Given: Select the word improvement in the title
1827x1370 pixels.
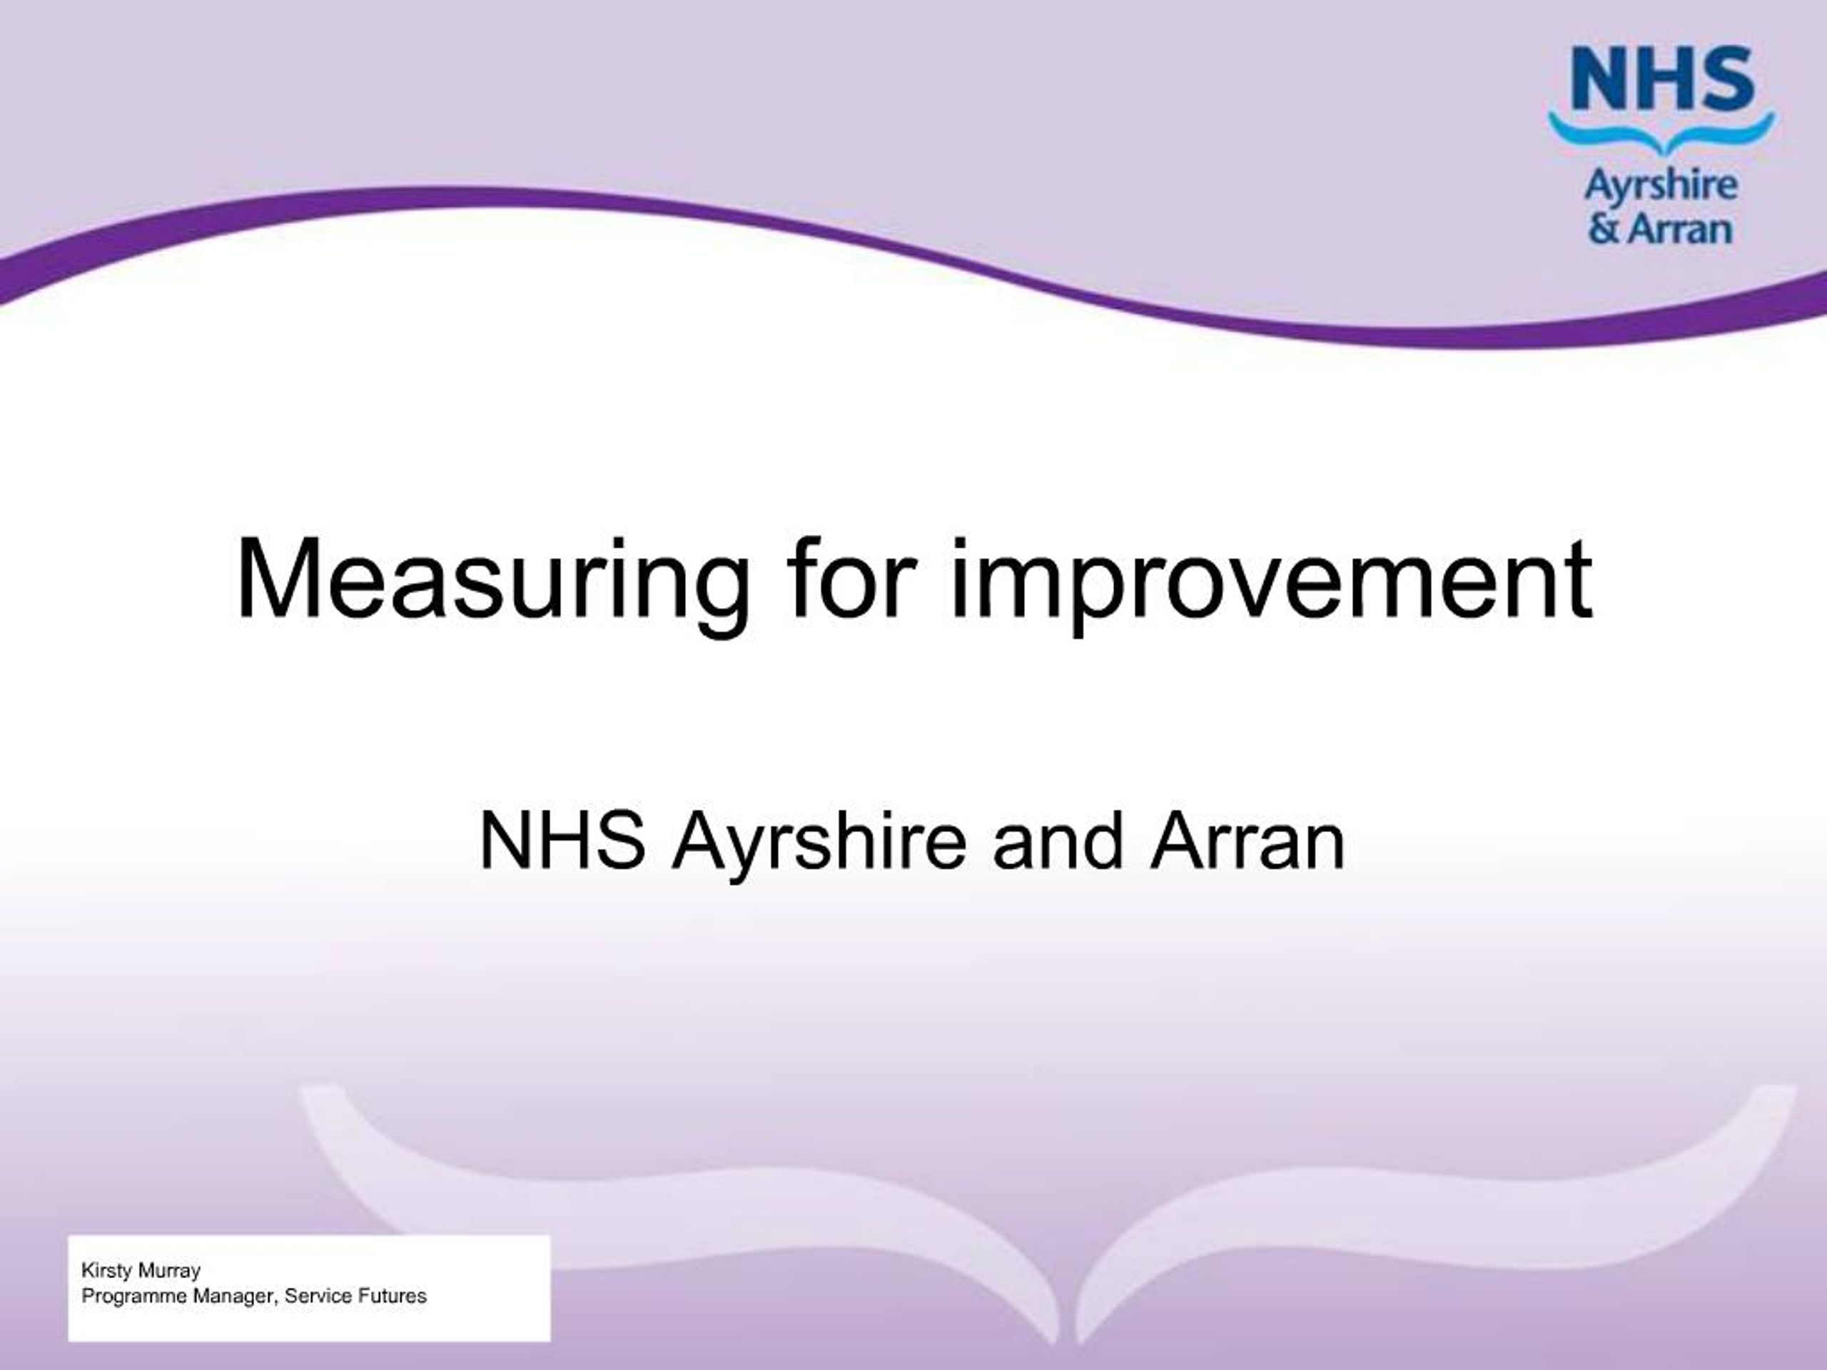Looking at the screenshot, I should tap(1271, 579).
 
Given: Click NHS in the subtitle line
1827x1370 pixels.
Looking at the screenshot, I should tap(562, 842).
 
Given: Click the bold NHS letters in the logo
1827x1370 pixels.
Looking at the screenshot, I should tap(1661, 79).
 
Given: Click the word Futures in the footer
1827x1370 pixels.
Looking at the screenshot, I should tap(393, 1297).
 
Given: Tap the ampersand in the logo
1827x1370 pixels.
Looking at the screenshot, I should tap(1604, 229).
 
